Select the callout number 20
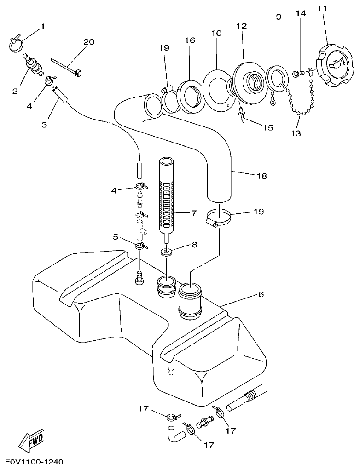(89, 42)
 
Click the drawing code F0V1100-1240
(34, 461)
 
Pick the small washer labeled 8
(166, 252)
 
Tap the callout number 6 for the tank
(261, 294)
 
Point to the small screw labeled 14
(297, 73)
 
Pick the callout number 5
(116, 237)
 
